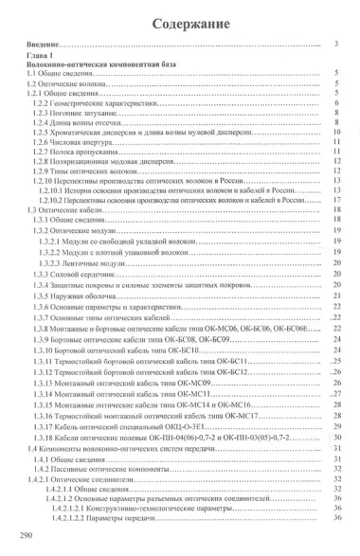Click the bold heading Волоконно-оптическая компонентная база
[x=91, y=64]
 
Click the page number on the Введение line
[x=338, y=45]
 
